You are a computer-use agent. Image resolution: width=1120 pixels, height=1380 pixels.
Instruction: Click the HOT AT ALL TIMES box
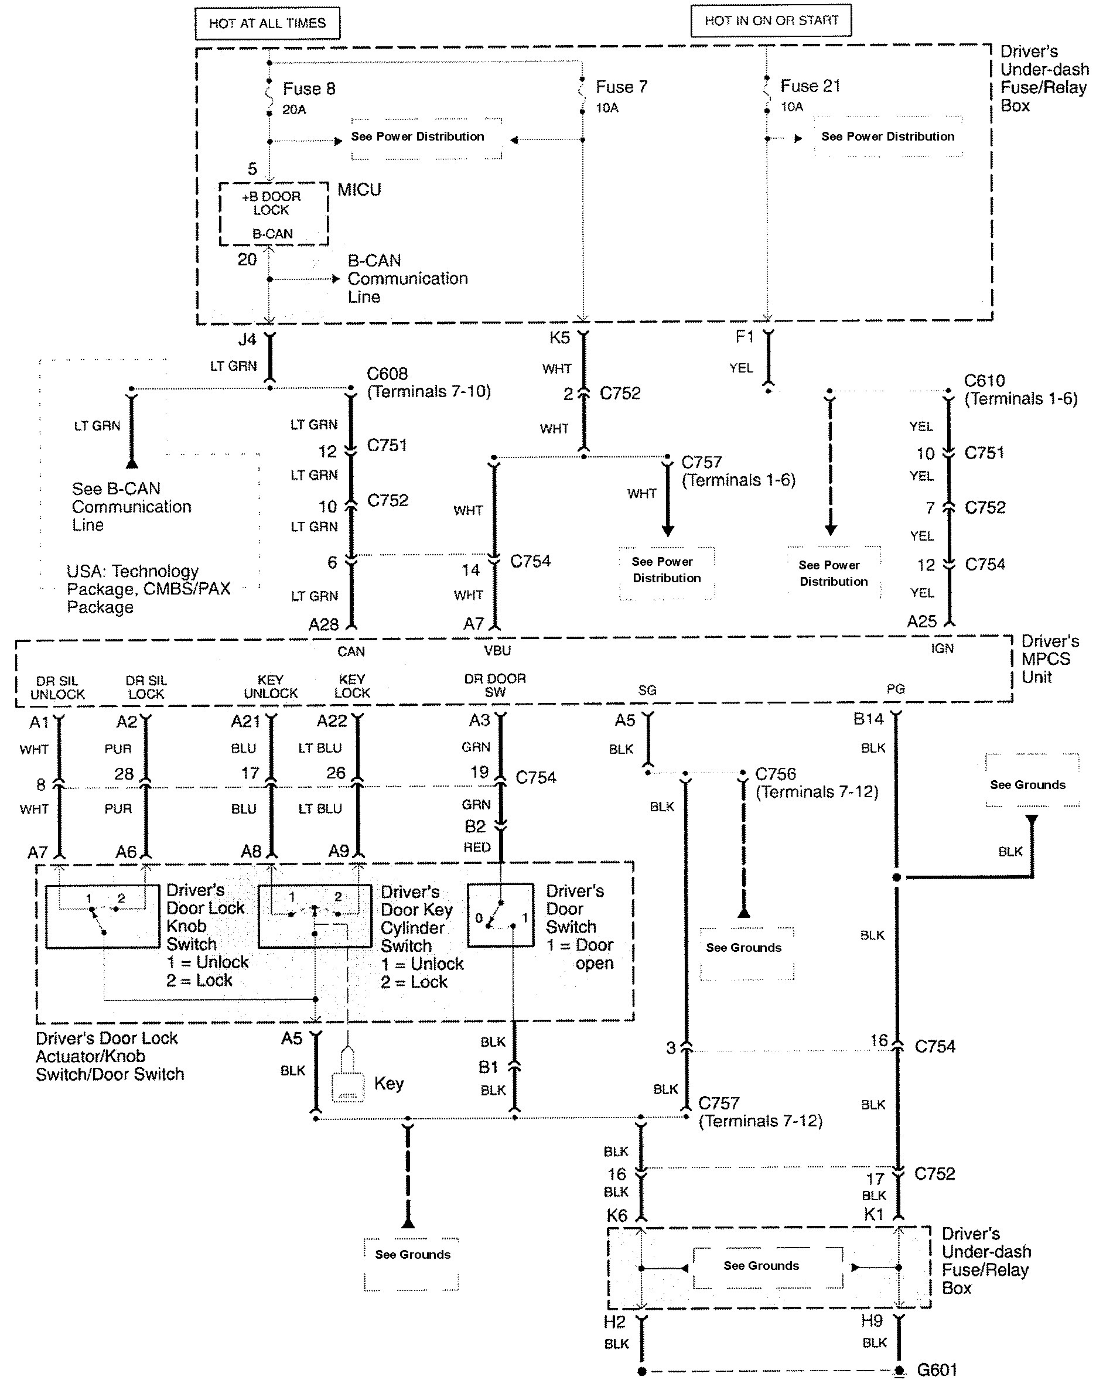click(267, 24)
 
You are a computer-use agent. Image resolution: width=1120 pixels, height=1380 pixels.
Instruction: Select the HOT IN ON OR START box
click(771, 21)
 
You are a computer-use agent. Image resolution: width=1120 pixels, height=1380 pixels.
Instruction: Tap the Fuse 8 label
click(309, 89)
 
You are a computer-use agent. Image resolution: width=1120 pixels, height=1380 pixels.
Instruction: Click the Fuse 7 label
click(622, 87)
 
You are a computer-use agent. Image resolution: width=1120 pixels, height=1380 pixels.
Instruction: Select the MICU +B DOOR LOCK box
click(273, 214)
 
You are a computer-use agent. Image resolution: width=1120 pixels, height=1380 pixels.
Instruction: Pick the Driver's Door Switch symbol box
click(501, 915)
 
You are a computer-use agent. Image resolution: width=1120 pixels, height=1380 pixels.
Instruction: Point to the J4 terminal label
click(247, 339)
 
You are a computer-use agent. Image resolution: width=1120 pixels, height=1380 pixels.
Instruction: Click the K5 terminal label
click(559, 337)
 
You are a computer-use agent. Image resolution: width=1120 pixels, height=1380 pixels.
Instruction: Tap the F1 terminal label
click(745, 336)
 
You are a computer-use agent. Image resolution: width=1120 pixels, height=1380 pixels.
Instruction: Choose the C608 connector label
click(387, 374)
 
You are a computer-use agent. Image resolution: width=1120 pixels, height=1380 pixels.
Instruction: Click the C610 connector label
click(984, 381)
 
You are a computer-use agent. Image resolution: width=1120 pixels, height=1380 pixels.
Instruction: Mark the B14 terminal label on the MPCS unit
click(868, 719)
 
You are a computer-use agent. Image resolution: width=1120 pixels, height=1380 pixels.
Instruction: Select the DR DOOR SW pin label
click(495, 685)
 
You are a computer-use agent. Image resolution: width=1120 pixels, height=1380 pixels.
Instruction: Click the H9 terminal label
click(872, 1321)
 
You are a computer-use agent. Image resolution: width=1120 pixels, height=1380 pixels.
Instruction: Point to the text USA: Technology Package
click(132, 572)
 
